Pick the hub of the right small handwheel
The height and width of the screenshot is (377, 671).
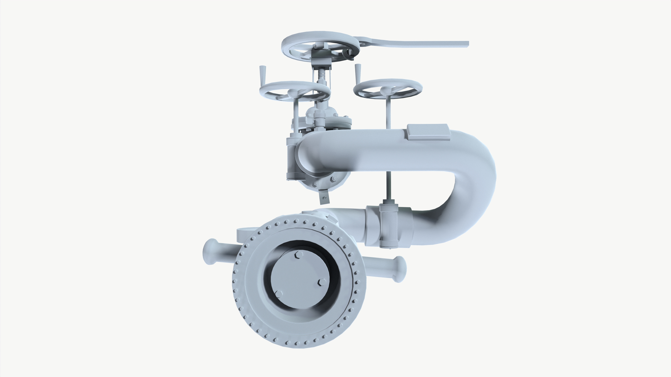385,90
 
